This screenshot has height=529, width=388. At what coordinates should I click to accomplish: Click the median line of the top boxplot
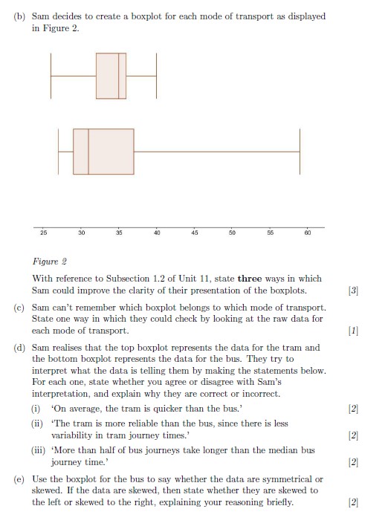[119, 76]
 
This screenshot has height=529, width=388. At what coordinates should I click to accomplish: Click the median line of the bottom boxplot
[88, 152]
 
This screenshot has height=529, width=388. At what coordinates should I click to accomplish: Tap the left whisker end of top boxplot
[51, 76]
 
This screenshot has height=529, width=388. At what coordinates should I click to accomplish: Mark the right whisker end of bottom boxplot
[300, 152]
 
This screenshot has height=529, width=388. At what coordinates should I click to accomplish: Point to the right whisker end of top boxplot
[156, 76]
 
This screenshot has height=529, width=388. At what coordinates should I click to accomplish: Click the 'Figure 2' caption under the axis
[50, 262]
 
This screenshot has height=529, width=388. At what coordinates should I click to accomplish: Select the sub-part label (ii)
[36, 423]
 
